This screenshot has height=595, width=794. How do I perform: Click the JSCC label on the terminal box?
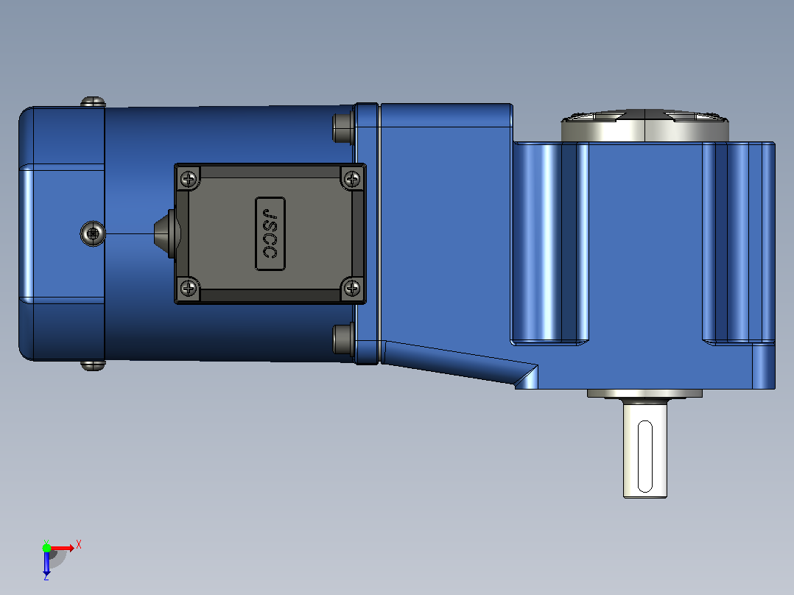pos(270,233)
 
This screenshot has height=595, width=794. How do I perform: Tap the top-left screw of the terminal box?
pos(189,178)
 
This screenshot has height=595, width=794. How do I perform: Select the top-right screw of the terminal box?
pos(352,178)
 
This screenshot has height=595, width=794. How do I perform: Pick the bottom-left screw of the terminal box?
pos(189,288)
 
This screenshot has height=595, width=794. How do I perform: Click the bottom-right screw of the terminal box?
pos(352,288)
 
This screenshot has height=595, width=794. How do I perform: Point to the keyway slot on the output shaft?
pos(644,456)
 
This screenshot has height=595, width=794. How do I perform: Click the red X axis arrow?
pos(63,548)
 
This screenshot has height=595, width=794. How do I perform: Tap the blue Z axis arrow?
pos(46,564)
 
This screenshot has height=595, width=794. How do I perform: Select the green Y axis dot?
pos(46,548)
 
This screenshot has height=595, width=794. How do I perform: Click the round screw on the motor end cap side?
pos(93,233)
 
